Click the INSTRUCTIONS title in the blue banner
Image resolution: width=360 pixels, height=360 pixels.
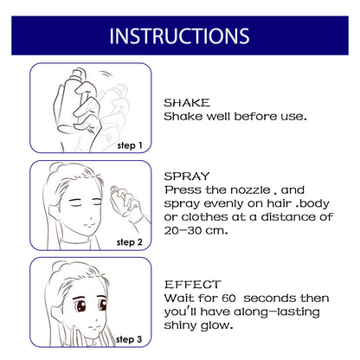click(x=179, y=35)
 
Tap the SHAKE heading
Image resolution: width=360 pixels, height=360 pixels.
click(x=187, y=101)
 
